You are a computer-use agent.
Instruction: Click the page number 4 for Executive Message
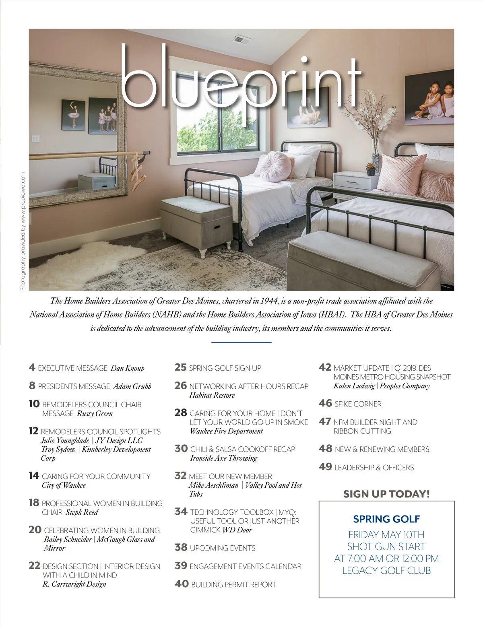click(32, 367)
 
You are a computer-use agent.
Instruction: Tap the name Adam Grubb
click(132, 386)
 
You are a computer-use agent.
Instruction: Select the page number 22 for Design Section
click(34, 566)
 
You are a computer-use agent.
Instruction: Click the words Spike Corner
click(358, 404)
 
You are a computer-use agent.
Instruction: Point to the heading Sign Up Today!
click(386, 494)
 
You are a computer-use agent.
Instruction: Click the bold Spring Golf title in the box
click(386, 519)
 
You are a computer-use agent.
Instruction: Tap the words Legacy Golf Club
click(386, 570)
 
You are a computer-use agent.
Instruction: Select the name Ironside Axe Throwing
click(223, 458)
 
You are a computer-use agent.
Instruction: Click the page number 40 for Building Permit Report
click(182, 584)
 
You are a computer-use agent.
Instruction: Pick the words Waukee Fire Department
click(226, 431)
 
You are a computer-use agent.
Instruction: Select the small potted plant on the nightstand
click(371, 169)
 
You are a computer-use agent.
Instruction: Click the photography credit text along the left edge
click(23, 231)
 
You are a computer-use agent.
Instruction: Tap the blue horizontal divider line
click(241, 342)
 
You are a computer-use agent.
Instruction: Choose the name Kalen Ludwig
click(354, 386)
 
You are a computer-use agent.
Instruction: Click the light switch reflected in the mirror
click(35, 139)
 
